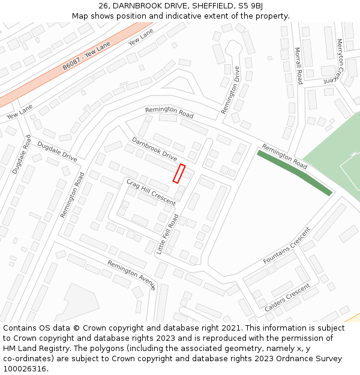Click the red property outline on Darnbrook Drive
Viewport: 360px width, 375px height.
click(x=179, y=173)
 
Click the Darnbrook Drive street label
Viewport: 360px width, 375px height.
click(x=155, y=150)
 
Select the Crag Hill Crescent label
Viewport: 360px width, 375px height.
click(x=151, y=192)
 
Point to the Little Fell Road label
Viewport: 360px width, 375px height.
click(x=167, y=235)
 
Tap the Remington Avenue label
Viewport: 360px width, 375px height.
click(x=131, y=275)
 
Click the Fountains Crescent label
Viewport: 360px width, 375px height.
click(x=287, y=246)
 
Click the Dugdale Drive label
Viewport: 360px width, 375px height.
click(x=57, y=152)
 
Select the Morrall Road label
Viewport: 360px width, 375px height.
click(x=299, y=65)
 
